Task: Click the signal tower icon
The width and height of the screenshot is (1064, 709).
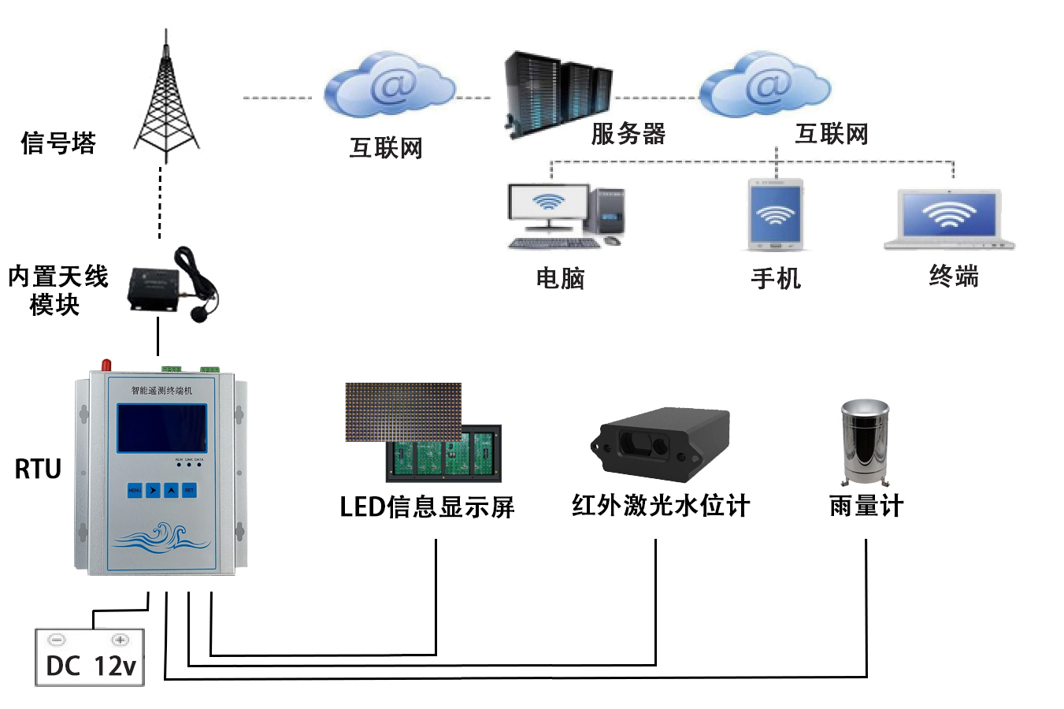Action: tap(165, 102)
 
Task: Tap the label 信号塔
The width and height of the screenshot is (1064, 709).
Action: tap(58, 143)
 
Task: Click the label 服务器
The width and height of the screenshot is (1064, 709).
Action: tap(628, 134)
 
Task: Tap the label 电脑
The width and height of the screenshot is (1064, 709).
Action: tap(560, 278)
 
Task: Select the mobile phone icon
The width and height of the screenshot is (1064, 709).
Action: tap(776, 214)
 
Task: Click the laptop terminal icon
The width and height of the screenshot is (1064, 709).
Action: tap(949, 219)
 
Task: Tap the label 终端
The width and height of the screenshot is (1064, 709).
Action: tap(954, 277)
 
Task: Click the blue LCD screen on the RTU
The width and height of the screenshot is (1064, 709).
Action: tap(162, 428)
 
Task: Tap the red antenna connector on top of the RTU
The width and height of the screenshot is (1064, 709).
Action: tap(106, 365)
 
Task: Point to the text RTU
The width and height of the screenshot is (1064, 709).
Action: tap(38, 470)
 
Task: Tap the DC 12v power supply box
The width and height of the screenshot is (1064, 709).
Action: tap(90, 658)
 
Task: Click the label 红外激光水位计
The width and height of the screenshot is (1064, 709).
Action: tap(660, 506)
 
